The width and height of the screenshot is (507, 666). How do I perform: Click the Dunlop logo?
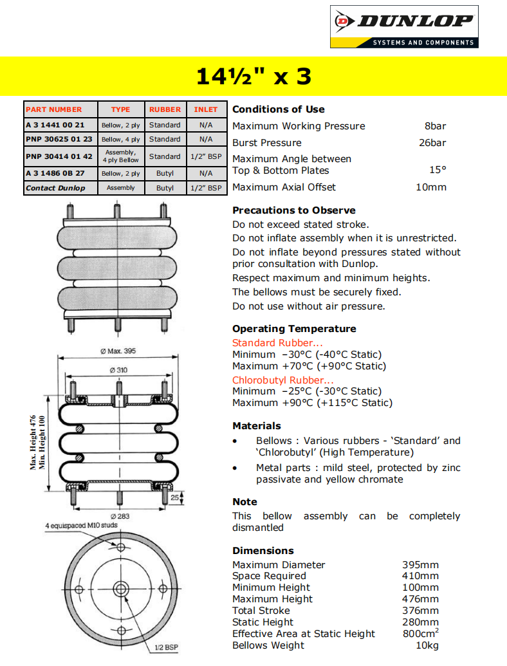pyautogui.click(x=404, y=26)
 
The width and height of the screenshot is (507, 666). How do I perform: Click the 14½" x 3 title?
pyautogui.click(x=253, y=77)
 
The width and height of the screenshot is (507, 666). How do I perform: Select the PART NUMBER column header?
pyautogui.click(x=54, y=109)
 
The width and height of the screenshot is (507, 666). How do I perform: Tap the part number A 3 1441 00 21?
pyautogui.click(x=55, y=125)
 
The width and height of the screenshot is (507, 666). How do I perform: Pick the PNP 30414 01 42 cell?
pyautogui.click(x=59, y=156)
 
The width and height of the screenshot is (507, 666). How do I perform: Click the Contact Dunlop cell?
pyautogui.click(x=55, y=188)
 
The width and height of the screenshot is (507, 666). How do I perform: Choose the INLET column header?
pyautogui.click(x=206, y=109)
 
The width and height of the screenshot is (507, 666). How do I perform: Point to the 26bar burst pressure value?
pyautogui.click(x=432, y=143)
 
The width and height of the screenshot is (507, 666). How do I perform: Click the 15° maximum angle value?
pyautogui.click(x=438, y=171)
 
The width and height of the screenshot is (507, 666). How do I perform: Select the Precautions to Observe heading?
pyautogui.click(x=293, y=210)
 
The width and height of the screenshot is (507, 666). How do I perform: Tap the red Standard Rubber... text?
pyautogui.click(x=277, y=343)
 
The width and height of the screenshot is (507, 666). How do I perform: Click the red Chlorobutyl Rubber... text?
pyautogui.click(x=283, y=380)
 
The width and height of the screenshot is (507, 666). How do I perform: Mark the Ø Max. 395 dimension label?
pyautogui.click(x=118, y=351)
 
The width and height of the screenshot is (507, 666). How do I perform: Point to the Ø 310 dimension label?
pyautogui.click(x=118, y=370)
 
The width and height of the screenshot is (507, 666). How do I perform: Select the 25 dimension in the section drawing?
pyautogui.click(x=174, y=497)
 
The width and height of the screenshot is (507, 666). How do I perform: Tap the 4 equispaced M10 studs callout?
pyautogui.click(x=81, y=526)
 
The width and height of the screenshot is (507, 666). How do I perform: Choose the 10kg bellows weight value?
pyautogui.click(x=427, y=645)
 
